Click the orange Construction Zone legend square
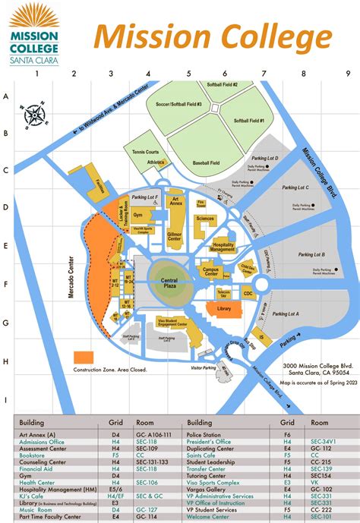coord(83,357)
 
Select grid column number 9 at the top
coord(347,74)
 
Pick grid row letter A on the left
coord(6,96)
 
